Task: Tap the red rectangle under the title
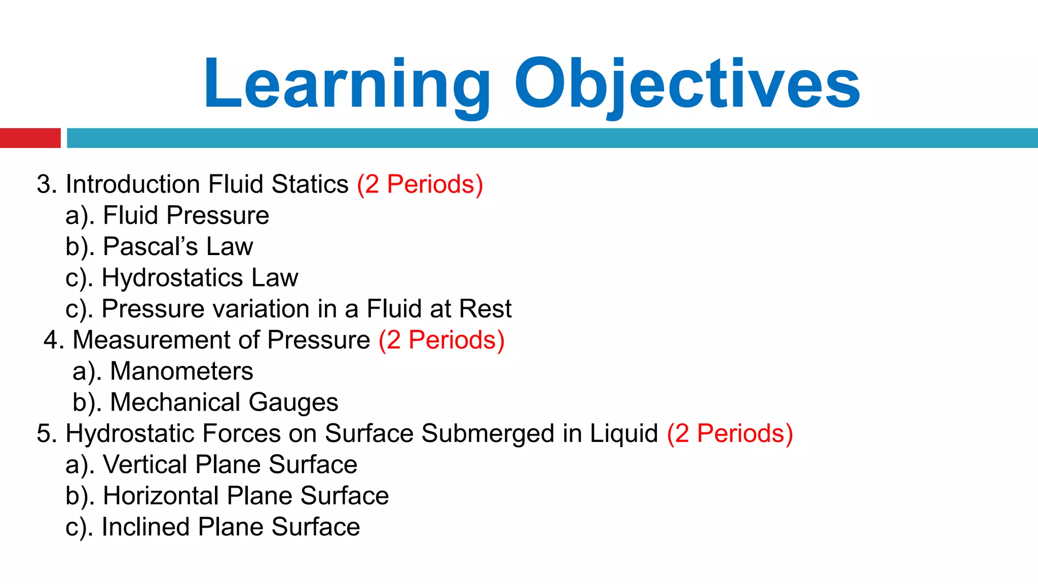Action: tap(30, 138)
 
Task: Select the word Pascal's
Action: tap(150, 247)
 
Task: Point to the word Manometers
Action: tap(181, 371)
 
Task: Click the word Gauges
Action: tap(293, 403)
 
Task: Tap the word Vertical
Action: tap(144, 464)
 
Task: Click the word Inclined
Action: tap(145, 527)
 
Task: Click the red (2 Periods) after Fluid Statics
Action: tap(420, 185)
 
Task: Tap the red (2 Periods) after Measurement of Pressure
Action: tap(441, 340)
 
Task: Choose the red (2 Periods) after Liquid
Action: tap(730, 434)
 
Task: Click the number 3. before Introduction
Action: tap(46, 185)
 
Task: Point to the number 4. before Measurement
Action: tap(53, 340)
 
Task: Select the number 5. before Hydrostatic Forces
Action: tap(46, 434)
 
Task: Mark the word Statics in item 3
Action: tap(310, 185)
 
